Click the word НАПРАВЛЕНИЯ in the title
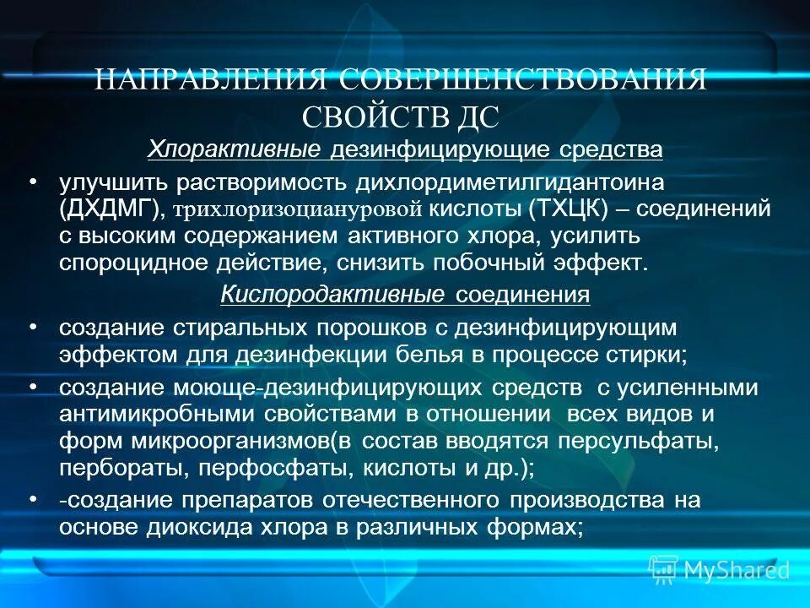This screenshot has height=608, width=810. tap(211, 80)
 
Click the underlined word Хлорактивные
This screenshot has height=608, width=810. tap(235, 150)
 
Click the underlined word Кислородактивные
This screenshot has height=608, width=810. tap(332, 296)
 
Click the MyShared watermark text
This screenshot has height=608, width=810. tap(736, 571)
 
